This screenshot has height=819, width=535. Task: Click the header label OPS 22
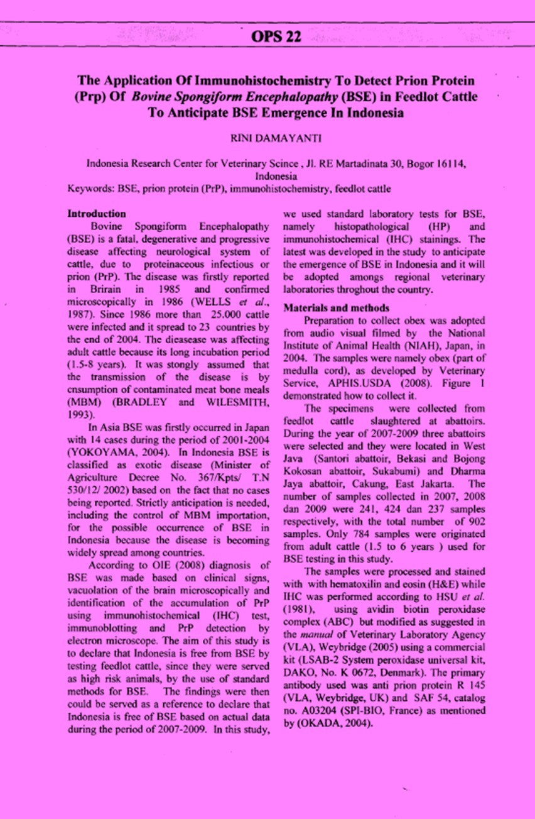tap(276, 37)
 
